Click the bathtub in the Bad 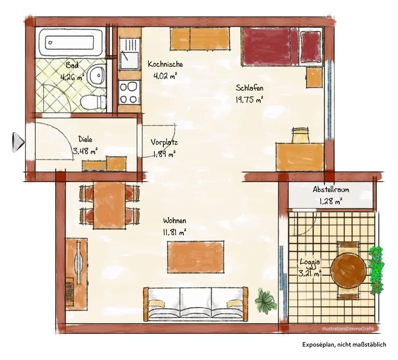tap(72, 43)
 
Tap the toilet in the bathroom tap(93, 103)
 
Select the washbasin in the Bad tap(97, 75)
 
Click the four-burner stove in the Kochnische tap(129, 92)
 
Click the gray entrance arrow tap(18, 143)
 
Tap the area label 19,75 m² tap(249, 99)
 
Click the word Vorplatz tap(164, 142)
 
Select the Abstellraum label tap(331, 189)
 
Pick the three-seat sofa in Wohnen tap(195, 304)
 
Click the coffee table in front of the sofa tap(195, 257)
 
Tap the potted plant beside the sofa tap(266, 300)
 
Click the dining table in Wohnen tap(109, 206)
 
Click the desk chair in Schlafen tap(301, 135)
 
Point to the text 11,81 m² tap(175, 232)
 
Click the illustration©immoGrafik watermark tap(348, 328)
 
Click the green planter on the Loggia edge tap(376, 270)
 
